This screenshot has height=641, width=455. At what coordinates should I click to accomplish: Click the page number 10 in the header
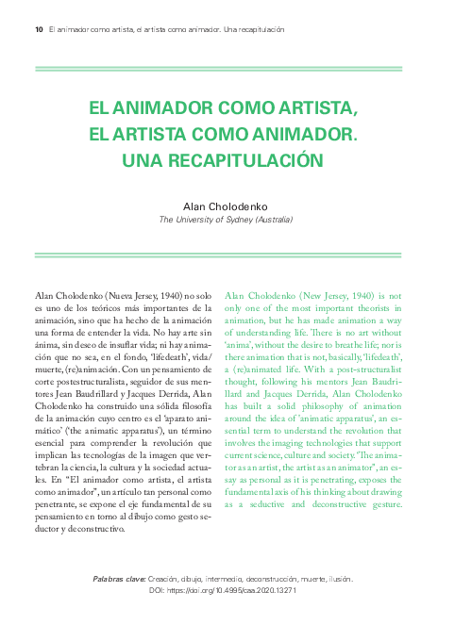39,29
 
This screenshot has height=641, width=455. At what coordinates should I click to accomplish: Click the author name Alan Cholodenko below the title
226,205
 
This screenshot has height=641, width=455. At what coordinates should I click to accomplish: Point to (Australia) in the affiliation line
274,219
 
